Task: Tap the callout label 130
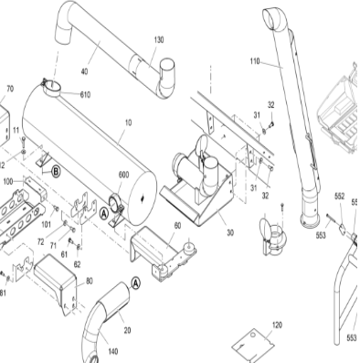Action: [159, 39]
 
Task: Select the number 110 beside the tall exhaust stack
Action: [254, 61]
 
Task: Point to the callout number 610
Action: [85, 95]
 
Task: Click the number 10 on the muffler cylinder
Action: [127, 122]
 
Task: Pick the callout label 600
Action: [123, 176]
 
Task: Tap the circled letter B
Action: [56, 170]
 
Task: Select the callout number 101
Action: [46, 222]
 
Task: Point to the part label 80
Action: [89, 281]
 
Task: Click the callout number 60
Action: [177, 225]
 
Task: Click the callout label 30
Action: [230, 232]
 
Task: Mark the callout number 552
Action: [339, 197]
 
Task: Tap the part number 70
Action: [10, 89]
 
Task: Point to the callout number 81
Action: [3, 294]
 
